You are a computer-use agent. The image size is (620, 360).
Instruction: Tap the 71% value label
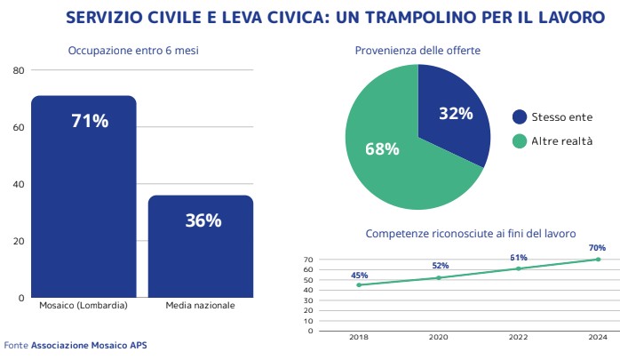tap(90, 121)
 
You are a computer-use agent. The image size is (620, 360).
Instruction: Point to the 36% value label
tap(203, 220)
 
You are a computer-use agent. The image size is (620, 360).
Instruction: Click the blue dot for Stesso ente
tap(520, 116)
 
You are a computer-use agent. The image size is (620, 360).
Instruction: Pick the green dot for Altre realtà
tap(520, 141)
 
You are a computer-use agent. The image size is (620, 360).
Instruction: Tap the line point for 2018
tap(359, 284)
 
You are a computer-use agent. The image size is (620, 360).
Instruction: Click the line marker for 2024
tap(598, 260)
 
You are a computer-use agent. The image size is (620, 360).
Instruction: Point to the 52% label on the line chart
tap(441, 266)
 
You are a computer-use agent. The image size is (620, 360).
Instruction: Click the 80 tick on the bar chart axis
tap(19, 70)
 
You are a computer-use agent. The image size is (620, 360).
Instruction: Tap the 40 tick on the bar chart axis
tap(19, 184)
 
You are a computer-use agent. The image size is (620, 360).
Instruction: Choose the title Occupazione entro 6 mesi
tap(133, 51)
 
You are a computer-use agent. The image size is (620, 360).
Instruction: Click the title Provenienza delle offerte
tap(417, 51)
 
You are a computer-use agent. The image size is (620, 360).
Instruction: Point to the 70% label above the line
tap(597, 248)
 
